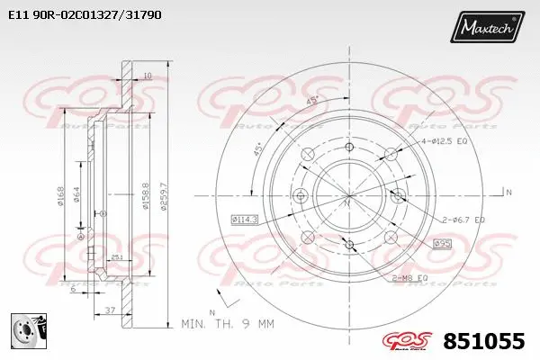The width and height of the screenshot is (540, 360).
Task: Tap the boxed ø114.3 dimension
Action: (x=244, y=219)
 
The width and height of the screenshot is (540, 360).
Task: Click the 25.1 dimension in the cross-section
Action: (x=117, y=256)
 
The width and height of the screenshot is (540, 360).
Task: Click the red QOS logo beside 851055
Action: (x=413, y=340)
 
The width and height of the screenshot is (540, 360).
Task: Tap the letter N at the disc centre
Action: (x=348, y=204)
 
